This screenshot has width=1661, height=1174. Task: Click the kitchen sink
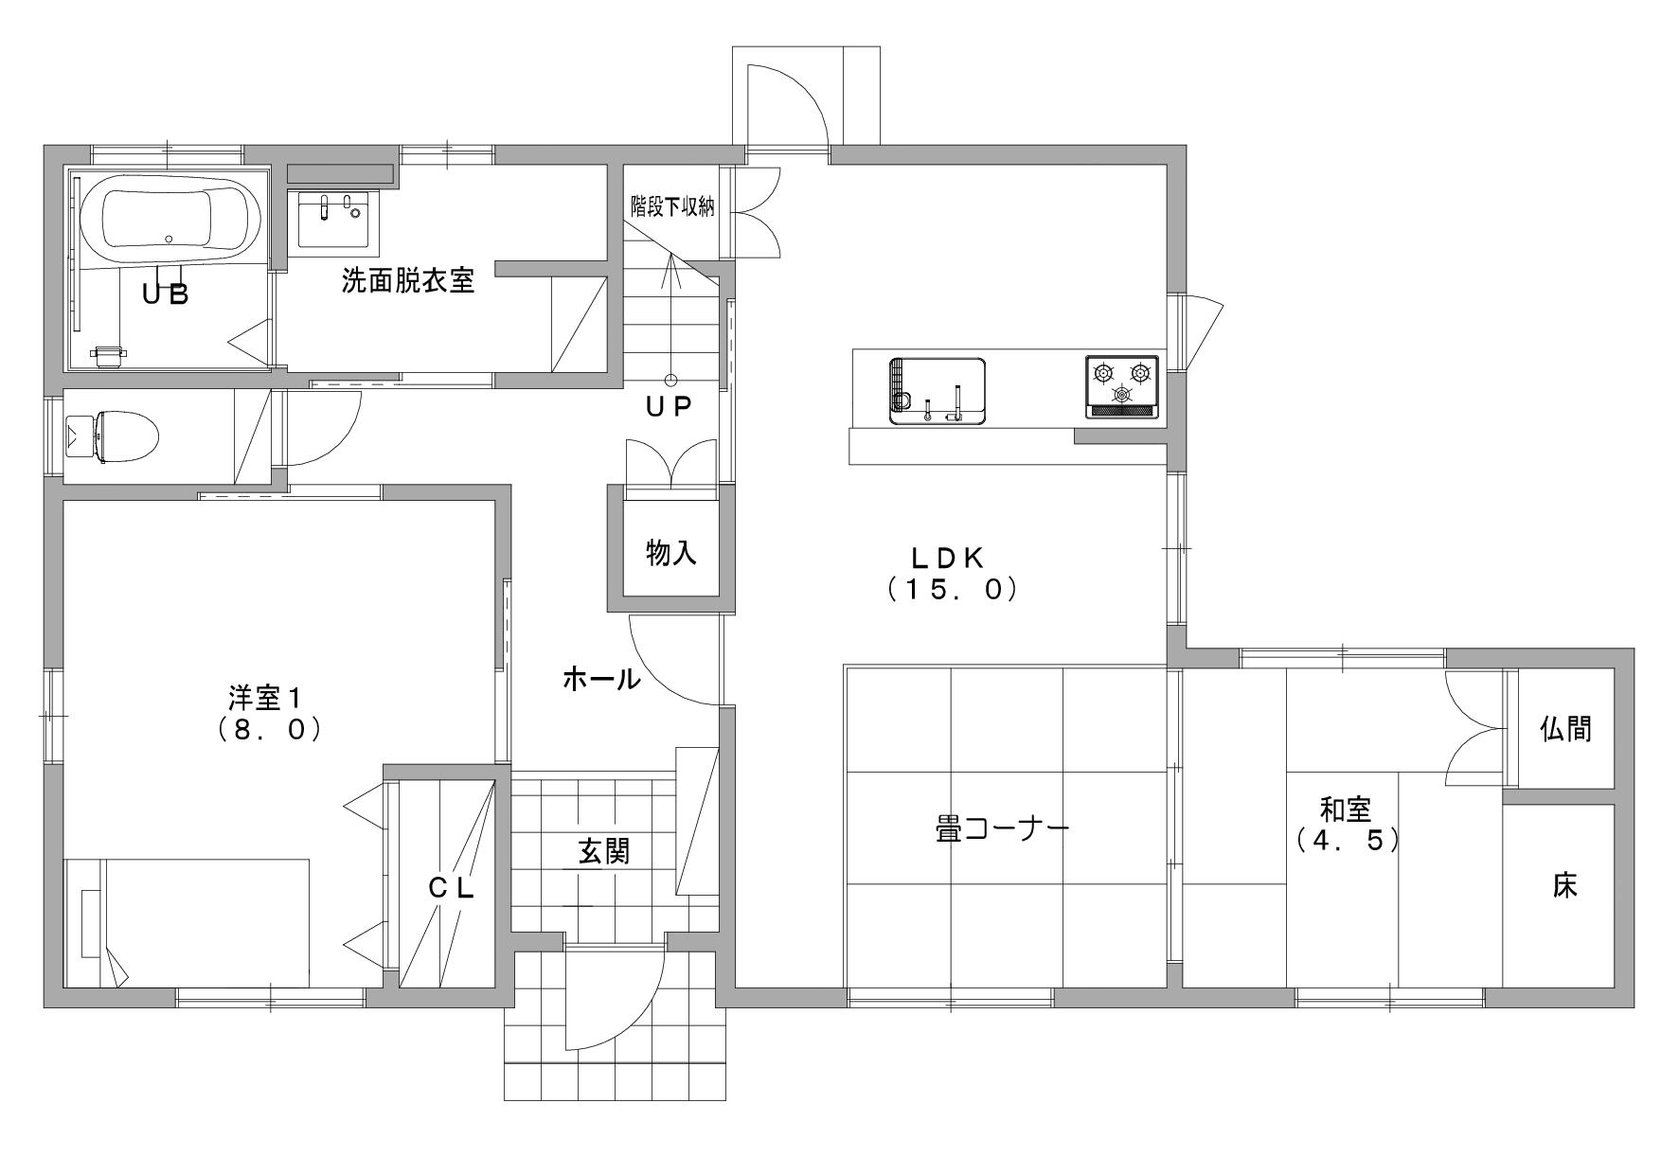937,390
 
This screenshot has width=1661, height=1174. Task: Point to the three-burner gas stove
1122,386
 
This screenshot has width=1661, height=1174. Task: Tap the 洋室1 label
266,714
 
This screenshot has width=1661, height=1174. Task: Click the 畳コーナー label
1002,830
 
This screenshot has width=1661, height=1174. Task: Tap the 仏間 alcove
1566,728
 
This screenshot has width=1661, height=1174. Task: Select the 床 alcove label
1564,886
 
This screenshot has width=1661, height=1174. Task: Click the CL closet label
451,888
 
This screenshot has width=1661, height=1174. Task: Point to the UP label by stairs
670,407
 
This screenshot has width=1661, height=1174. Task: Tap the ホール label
601,678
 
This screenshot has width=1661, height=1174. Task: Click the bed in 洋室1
187,923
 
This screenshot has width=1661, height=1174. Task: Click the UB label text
166,293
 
